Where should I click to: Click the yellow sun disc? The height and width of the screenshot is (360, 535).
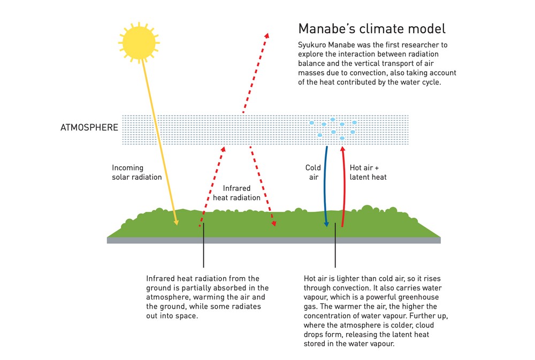[x=139, y=43]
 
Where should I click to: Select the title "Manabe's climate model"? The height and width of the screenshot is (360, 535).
[x=372, y=29]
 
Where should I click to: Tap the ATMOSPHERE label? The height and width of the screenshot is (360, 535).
[x=89, y=128]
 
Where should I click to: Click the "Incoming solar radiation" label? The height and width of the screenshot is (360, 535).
[x=137, y=172]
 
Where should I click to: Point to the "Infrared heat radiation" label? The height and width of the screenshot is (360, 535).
[x=236, y=193]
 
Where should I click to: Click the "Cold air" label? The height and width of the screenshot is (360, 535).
[x=313, y=172]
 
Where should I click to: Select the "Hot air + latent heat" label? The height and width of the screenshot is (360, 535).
[x=368, y=172]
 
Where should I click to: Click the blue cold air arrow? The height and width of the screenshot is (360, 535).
[x=325, y=186]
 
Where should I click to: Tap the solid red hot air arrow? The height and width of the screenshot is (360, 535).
[x=344, y=186]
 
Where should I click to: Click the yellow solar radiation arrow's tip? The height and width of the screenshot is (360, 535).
[x=177, y=225]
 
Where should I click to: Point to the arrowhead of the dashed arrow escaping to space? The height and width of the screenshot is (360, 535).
[x=267, y=34]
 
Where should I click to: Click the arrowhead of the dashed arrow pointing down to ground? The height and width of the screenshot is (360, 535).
[x=273, y=225]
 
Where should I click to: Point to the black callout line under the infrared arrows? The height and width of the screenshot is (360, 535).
[x=203, y=245]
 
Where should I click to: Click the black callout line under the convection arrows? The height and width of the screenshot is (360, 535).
[x=335, y=245]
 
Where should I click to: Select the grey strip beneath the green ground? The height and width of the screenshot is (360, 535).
[x=273, y=241]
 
